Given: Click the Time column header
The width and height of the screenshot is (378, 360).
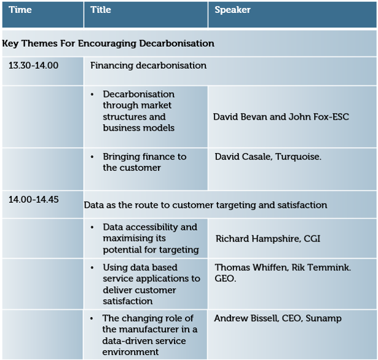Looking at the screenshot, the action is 20,10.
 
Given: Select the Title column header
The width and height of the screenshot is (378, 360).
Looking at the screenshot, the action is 101,10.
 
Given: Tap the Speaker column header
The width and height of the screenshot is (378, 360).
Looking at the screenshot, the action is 232,10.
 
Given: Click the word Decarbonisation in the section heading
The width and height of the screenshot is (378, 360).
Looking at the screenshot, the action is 176,44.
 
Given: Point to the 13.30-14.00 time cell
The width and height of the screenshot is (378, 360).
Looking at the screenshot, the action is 34,66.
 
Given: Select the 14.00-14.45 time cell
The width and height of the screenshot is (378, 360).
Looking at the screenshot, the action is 34,200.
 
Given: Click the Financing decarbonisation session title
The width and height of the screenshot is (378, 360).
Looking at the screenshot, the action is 148,66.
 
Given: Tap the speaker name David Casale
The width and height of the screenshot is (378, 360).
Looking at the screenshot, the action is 243,157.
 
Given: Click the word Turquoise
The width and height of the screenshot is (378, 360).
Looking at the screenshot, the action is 298,157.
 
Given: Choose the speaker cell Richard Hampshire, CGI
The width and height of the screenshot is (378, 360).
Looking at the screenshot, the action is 268,239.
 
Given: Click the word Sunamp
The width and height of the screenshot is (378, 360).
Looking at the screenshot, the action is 323,319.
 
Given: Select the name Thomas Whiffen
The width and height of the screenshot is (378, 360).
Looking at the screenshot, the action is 251,267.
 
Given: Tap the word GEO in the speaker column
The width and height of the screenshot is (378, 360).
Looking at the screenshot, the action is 224,278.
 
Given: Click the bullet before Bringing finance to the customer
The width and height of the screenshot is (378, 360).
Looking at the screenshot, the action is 92,157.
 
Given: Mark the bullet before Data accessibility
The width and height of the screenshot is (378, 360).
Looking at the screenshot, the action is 92,227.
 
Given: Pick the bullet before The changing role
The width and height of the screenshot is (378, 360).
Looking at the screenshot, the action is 92,319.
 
